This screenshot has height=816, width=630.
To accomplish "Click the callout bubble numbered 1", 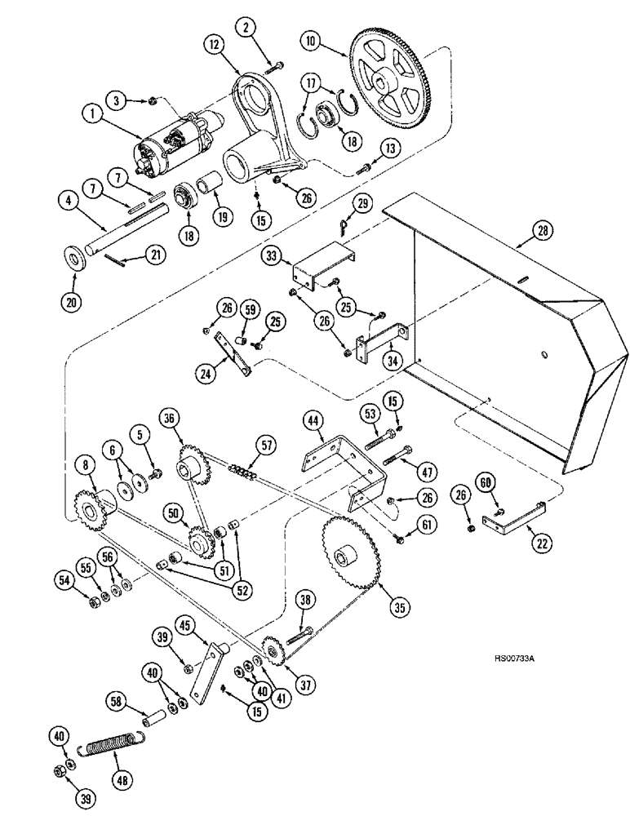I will tap(96, 117).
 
